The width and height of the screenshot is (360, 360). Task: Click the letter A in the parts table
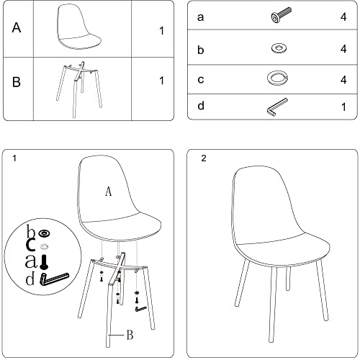click(x=17, y=27)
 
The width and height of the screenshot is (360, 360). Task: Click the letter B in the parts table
click(x=17, y=81)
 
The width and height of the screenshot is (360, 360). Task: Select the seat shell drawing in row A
click(x=78, y=27)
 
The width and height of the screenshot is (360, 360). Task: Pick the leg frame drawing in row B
click(x=79, y=89)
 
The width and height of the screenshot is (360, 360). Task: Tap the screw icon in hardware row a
click(x=281, y=15)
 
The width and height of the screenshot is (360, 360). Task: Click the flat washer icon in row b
click(x=279, y=48)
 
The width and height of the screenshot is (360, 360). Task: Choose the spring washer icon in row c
click(x=277, y=78)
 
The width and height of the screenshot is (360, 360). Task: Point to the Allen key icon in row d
click(x=277, y=107)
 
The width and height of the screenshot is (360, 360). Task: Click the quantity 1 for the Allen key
click(x=343, y=107)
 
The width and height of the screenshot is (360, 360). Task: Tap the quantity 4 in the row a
click(x=343, y=17)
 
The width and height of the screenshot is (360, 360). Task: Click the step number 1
click(x=14, y=158)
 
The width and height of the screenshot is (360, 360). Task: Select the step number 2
click(x=204, y=158)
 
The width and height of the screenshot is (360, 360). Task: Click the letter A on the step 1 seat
click(x=109, y=192)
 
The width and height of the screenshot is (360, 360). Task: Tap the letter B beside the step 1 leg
click(x=130, y=335)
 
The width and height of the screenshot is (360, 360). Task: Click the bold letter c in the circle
click(x=31, y=244)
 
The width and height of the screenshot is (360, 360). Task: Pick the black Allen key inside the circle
click(x=54, y=279)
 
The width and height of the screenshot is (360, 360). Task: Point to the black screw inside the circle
click(x=44, y=262)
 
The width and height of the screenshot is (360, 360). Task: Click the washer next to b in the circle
click(x=45, y=233)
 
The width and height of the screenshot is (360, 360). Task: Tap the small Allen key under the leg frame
click(x=141, y=309)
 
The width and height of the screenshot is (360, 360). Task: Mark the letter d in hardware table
click(x=201, y=106)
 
